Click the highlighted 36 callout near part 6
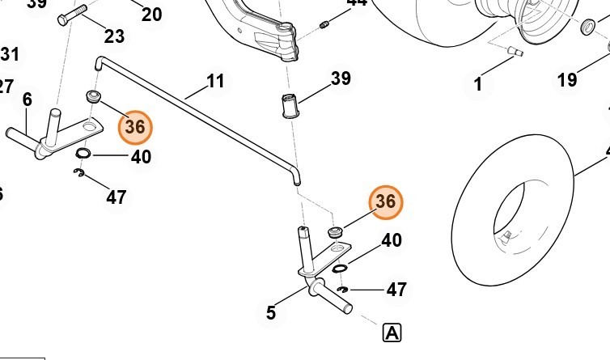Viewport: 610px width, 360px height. tap(135, 127)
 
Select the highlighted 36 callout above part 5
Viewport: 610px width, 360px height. tap(385, 203)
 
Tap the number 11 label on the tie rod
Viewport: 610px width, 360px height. tap(215, 82)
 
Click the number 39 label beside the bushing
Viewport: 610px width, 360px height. tap(341, 78)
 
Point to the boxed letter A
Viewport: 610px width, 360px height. tap(392, 332)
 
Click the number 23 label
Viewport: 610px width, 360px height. tap(115, 36)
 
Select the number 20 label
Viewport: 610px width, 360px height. tap(151, 14)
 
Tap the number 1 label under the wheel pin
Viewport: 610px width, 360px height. tap(477, 83)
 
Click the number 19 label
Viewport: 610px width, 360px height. tap(567, 79)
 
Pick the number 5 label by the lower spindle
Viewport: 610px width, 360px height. tap(271, 312)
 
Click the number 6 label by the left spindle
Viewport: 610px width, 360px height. tap(27, 100)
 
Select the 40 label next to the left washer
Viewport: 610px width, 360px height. tap(141, 156)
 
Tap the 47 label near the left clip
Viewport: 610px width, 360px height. tap(116, 197)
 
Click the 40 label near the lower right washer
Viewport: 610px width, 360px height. tap(392, 240)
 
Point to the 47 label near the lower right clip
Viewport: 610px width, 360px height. tap(396, 289)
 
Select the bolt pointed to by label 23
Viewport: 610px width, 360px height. tap(72, 19)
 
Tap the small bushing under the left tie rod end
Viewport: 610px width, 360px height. tap(93, 98)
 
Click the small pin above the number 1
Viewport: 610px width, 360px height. tap(512, 53)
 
